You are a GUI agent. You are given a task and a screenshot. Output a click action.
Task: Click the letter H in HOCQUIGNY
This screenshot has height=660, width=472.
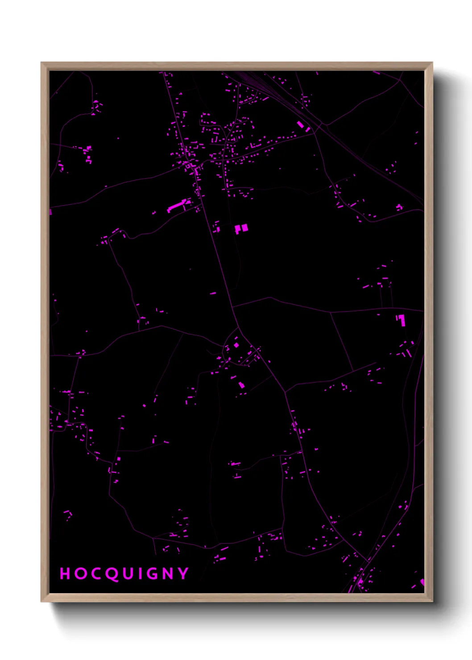point(65,573)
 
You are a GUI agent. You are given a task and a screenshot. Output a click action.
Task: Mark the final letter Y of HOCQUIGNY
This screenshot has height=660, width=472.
point(183,573)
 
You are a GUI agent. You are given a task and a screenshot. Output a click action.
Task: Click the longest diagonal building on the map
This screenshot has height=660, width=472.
point(176,206)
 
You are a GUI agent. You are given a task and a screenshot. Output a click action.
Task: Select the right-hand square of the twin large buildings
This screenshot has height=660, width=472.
point(244,228)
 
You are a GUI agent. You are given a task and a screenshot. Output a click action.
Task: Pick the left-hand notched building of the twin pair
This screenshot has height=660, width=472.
point(238,230)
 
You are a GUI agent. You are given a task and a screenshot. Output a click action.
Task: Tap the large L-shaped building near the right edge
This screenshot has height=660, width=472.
point(401,320)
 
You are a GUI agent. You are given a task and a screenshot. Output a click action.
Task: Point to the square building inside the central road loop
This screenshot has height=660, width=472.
point(236,345)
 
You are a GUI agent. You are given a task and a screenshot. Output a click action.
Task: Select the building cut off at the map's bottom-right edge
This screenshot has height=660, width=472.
point(422,582)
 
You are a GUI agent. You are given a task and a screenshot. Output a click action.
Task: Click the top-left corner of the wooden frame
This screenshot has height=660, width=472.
point(41,63)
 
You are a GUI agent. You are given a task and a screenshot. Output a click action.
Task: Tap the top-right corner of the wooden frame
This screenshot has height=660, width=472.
point(432,63)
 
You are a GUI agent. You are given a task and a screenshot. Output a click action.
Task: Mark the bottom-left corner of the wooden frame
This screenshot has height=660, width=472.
point(41,601)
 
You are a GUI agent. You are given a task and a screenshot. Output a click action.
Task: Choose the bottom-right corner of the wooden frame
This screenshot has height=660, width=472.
point(432,601)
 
